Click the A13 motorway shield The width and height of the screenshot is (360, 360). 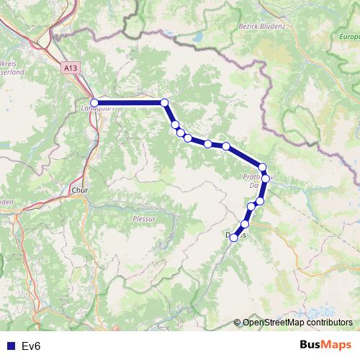coord(69,68)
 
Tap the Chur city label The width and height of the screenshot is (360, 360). coord(79,191)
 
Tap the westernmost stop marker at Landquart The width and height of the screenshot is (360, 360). coord(94,102)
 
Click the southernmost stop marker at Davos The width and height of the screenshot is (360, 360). coord(233,238)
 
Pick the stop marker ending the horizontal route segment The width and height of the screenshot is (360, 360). coord(164,102)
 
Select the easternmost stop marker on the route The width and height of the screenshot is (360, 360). coord(266,178)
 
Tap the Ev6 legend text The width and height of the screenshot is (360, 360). coord(31,346)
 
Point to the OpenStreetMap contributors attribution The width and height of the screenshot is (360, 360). coord(297,322)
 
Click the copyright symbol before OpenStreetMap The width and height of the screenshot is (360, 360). coord(238,322)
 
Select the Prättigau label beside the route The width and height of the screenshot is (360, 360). coord(253,176)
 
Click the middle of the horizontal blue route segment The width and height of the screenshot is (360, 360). coord(130,102)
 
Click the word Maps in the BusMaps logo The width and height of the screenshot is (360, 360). coord(336,345)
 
